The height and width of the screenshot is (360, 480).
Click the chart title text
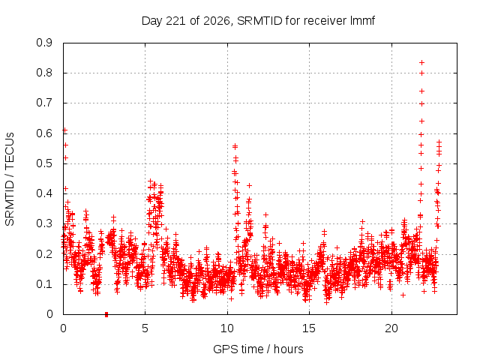click(x=258, y=21)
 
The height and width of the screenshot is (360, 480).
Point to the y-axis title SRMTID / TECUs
click(x=10, y=179)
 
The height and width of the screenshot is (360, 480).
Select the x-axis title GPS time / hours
click(x=258, y=349)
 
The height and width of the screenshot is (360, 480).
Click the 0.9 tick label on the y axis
click(x=44, y=43)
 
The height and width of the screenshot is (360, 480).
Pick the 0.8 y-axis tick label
click(x=44, y=73)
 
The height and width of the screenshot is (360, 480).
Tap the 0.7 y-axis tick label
click(x=44, y=103)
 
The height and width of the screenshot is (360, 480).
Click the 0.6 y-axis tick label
click(x=44, y=133)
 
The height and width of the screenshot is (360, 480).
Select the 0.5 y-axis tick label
click(x=44, y=163)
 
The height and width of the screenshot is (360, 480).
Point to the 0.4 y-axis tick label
click(x=44, y=193)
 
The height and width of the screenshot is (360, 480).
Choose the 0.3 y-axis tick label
click(x=44, y=223)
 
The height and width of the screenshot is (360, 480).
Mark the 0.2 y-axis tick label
click(x=44, y=254)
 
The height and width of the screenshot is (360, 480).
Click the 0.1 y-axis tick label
click(x=44, y=284)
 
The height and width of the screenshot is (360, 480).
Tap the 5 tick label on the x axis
click(x=145, y=328)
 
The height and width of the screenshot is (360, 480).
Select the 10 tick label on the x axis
click(x=227, y=328)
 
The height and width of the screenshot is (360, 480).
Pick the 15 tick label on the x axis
click(x=309, y=328)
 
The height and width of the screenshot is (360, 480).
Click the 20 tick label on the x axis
click(x=391, y=328)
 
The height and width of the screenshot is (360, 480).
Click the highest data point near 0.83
click(x=421, y=63)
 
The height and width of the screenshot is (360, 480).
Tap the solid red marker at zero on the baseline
click(x=106, y=314)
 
